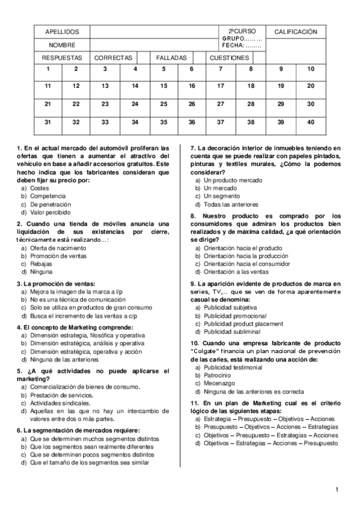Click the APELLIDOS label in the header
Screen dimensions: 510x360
[x=62, y=32]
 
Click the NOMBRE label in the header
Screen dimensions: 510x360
[x=62, y=45]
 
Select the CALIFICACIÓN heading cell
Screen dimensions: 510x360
[x=296, y=32]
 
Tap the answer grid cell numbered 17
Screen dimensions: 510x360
[x=220, y=86]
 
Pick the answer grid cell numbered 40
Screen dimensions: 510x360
[x=310, y=122]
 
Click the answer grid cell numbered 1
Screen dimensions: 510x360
[x=48, y=69]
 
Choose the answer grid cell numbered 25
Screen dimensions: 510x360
[x=163, y=104]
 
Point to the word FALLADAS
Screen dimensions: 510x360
[x=171, y=58]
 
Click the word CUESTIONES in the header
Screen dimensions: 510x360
[x=228, y=58]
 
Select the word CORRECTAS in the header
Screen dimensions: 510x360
[x=113, y=58]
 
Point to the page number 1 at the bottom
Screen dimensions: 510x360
[x=338, y=489]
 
